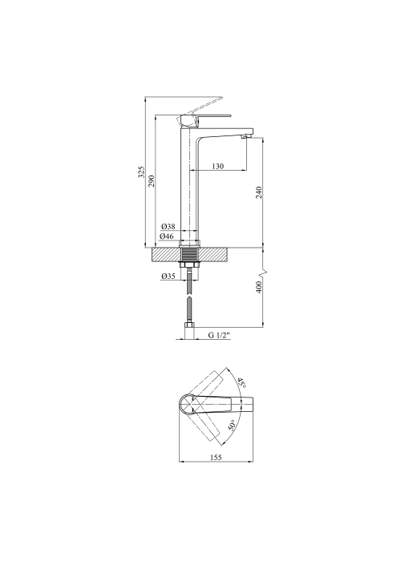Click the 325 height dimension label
pos(142,172)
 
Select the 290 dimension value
pos(152,180)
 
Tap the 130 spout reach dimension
pos(217,166)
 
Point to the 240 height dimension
pos(260,192)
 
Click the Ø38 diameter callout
pos(168,227)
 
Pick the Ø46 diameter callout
pos(167,236)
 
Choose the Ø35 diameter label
pos(168,276)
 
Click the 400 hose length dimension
pos(260,287)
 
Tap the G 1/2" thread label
pos(219,335)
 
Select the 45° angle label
pos(242,383)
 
